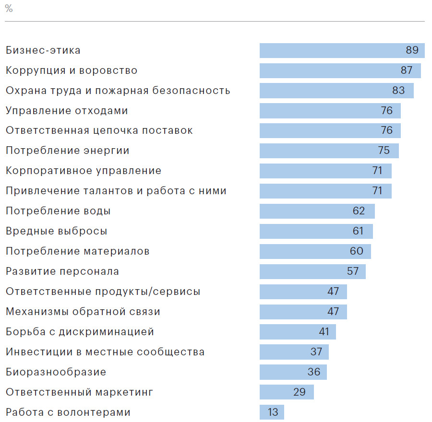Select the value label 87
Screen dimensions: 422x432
407,70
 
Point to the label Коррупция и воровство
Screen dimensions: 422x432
72,70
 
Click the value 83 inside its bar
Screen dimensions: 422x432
398,91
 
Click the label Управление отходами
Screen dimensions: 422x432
67,111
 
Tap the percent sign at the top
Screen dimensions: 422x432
9,9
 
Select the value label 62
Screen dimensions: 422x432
359,211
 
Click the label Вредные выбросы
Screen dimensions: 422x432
56,231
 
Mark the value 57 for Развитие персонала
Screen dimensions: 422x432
353,271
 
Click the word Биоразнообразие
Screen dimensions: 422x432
56,372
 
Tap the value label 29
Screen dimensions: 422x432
300,392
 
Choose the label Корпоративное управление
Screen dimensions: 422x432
84,171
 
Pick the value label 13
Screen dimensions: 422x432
272,412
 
